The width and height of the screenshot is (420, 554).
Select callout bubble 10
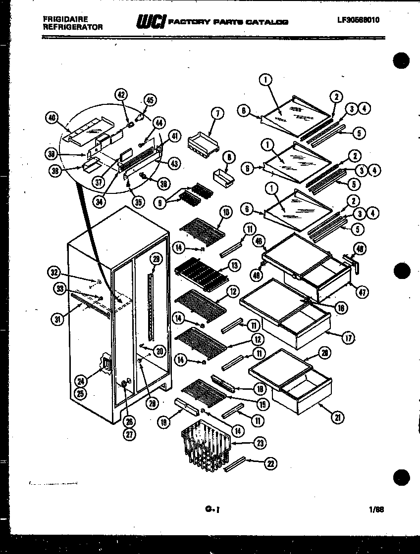point(226,213)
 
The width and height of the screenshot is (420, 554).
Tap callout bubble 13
point(235,266)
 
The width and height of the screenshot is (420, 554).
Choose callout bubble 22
point(270,463)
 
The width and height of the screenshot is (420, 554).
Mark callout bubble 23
point(259,443)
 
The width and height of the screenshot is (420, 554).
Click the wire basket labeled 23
point(206,443)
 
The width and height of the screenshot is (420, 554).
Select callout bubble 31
point(59,319)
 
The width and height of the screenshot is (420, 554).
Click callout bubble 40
point(51,117)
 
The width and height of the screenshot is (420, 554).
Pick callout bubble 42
point(121,95)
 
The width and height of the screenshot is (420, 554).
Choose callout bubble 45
point(151,99)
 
